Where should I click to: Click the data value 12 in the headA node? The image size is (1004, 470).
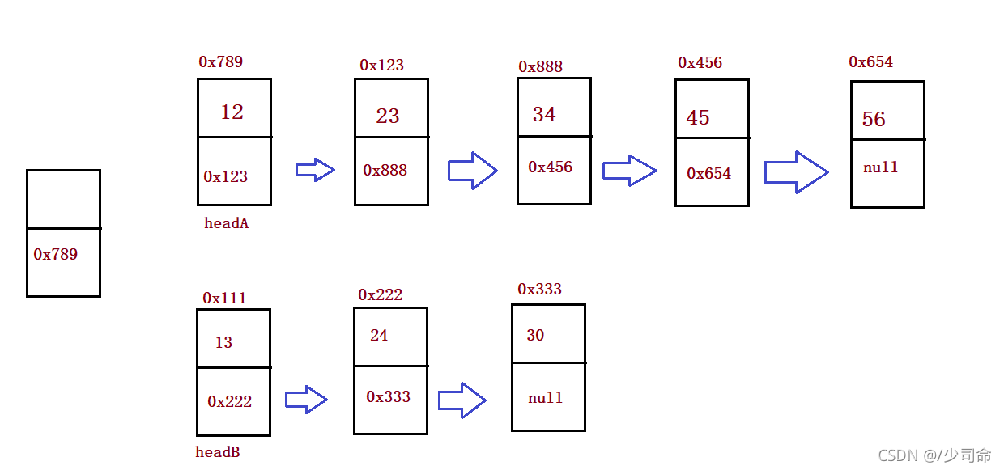click(232, 112)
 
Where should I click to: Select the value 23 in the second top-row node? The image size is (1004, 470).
click(388, 116)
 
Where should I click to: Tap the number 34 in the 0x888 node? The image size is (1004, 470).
click(544, 114)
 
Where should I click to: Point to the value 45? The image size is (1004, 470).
click(698, 118)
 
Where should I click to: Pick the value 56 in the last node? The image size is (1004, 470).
click(874, 119)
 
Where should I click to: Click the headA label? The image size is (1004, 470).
click(227, 223)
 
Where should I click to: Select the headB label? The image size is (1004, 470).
click(218, 452)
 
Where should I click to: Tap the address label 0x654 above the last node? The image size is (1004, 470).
click(871, 61)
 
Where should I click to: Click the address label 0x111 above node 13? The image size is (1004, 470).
click(224, 299)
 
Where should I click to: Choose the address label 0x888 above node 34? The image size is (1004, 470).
click(541, 66)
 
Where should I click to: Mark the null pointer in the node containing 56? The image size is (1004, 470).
click(881, 167)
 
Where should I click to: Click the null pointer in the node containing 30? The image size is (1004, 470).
click(546, 397)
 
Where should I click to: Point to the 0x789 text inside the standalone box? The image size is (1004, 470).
click(56, 254)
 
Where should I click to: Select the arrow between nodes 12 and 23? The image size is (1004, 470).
click(315, 170)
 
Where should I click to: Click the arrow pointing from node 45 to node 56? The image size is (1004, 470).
click(797, 172)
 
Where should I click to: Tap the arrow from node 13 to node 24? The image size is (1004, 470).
click(306, 400)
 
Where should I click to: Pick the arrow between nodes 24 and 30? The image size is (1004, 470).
click(462, 400)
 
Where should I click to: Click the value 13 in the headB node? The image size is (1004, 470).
click(223, 342)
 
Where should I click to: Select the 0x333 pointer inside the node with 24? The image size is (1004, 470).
click(388, 396)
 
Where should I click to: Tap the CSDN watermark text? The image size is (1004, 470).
click(934, 455)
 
